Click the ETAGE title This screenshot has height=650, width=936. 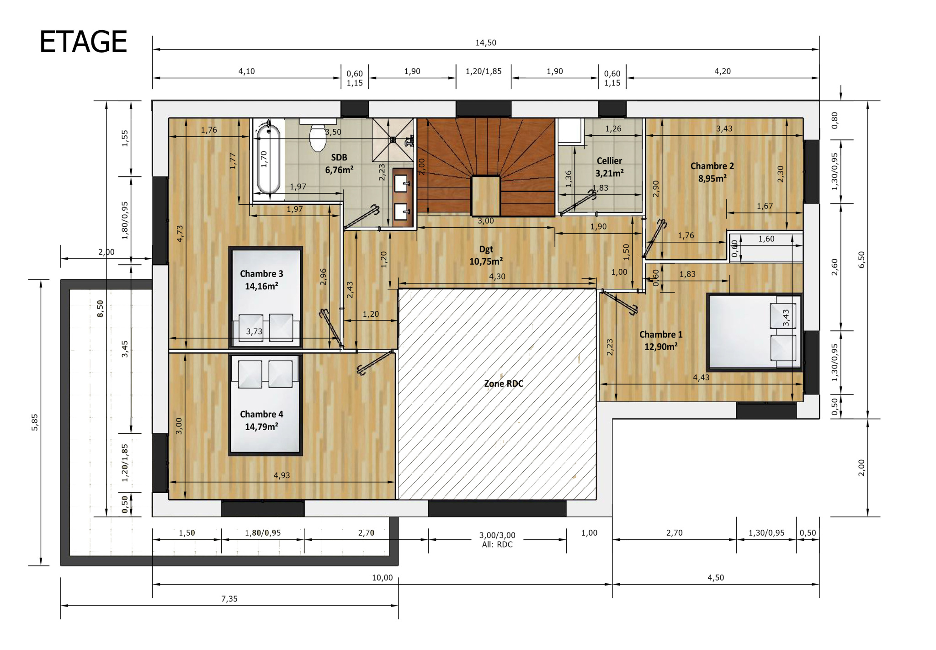(x=83, y=42)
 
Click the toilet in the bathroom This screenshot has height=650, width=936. (x=318, y=136)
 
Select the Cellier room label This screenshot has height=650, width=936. (x=609, y=161)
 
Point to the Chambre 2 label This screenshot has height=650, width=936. (x=712, y=166)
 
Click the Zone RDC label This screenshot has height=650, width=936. (x=504, y=384)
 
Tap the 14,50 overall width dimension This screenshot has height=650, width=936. (x=486, y=43)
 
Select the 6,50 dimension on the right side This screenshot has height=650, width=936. (x=862, y=260)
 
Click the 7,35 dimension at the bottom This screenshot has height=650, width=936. (x=229, y=599)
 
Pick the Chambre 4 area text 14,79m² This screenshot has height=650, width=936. (x=261, y=426)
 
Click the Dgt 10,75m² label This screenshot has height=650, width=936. (x=486, y=255)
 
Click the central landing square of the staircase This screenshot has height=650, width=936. (x=485, y=196)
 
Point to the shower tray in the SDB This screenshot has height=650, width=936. (x=393, y=140)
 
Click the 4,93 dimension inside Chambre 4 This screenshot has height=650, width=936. (x=282, y=475)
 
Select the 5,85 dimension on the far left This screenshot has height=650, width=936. (x=35, y=422)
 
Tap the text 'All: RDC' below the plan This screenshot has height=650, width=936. (x=497, y=544)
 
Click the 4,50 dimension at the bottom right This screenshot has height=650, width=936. (x=716, y=578)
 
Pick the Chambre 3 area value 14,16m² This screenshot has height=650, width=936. (x=261, y=286)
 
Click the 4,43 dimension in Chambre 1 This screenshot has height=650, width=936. (x=701, y=378)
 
